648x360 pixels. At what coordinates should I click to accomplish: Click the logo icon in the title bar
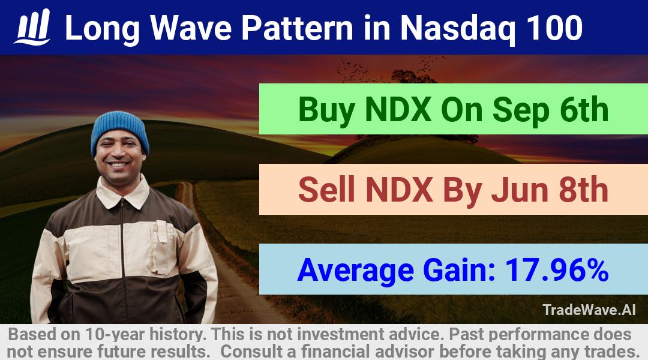tap(32, 27)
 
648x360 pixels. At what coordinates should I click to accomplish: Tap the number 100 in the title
tap(554, 28)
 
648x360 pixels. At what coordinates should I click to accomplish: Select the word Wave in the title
tap(190, 28)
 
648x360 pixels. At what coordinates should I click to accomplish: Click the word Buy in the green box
tap(326, 110)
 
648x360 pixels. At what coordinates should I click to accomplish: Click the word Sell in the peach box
tap(326, 189)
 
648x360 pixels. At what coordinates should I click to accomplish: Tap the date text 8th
tap(584, 189)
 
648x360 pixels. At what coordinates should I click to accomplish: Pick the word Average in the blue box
tap(355, 271)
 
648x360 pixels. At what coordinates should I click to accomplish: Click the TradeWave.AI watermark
tap(589, 310)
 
